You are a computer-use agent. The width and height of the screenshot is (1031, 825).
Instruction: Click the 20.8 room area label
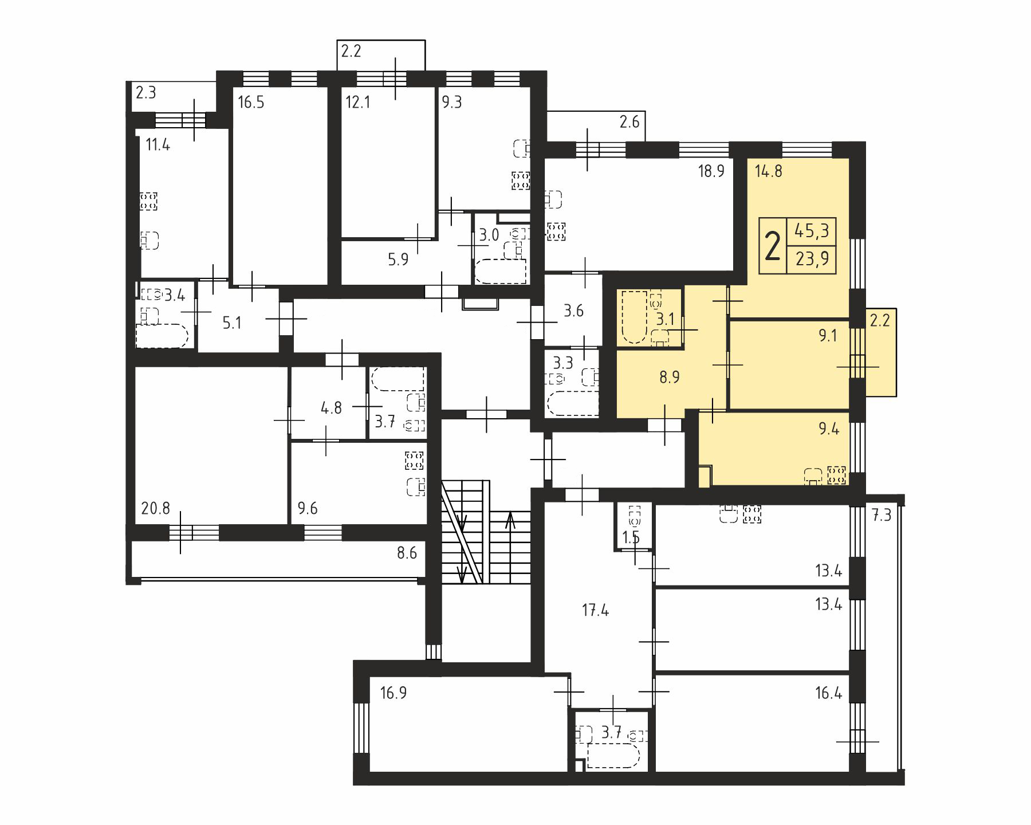(155, 508)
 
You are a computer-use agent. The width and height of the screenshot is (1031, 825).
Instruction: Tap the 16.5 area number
(251, 103)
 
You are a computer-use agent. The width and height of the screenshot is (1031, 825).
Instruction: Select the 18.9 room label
(711, 171)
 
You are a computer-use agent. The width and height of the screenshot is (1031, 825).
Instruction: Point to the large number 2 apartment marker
(773, 246)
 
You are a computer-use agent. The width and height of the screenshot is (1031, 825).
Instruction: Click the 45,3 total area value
(812, 231)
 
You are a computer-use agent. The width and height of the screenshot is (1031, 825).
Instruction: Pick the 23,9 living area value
(812, 260)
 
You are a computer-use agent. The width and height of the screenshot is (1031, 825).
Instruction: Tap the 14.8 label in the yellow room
(769, 171)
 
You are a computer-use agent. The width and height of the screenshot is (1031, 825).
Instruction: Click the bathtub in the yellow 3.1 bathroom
(634, 317)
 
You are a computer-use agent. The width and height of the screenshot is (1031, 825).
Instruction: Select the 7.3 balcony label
(882, 515)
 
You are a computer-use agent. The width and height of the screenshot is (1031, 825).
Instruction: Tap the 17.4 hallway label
(595, 610)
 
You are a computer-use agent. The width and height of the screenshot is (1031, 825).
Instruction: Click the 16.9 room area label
(393, 693)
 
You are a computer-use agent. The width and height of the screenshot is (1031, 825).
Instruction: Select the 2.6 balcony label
(629, 122)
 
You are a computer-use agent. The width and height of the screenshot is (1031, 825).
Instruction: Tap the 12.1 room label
(358, 103)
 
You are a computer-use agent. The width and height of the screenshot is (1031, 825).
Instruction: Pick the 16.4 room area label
(828, 693)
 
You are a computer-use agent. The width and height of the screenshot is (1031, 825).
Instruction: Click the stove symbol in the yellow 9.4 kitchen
(837, 475)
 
